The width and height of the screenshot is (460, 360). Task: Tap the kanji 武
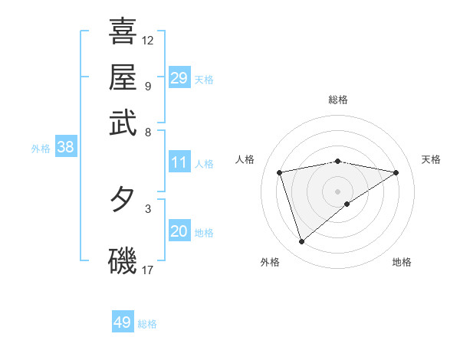click(x=123, y=123)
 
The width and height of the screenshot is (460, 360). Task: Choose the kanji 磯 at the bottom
click(x=123, y=259)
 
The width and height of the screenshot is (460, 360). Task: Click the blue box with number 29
click(x=179, y=78)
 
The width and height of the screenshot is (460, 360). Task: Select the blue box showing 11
click(x=179, y=162)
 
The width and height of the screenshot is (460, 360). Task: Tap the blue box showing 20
click(x=179, y=232)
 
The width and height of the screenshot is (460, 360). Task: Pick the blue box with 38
click(x=65, y=148)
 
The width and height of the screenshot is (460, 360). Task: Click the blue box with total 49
click(x=123, y=322)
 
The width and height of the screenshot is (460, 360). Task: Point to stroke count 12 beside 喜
click(x=148, y=40)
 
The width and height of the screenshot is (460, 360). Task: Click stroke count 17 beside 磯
click(x=148, y=270)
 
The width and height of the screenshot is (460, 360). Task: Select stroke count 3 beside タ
click(x=147, y=208)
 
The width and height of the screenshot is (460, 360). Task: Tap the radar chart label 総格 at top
click(x=338, y=100)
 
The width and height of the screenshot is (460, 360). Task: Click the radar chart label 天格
click(x=432, y=159)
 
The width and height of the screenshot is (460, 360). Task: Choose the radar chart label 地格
click(x=402, y=262)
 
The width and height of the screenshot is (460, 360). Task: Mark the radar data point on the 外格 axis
click(x=301, y=242)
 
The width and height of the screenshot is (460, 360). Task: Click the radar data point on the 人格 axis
click(x=280, y=172)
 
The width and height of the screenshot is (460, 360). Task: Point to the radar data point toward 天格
click(x=396, y=172)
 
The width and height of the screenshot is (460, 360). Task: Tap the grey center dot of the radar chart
click(x=338, y=191)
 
